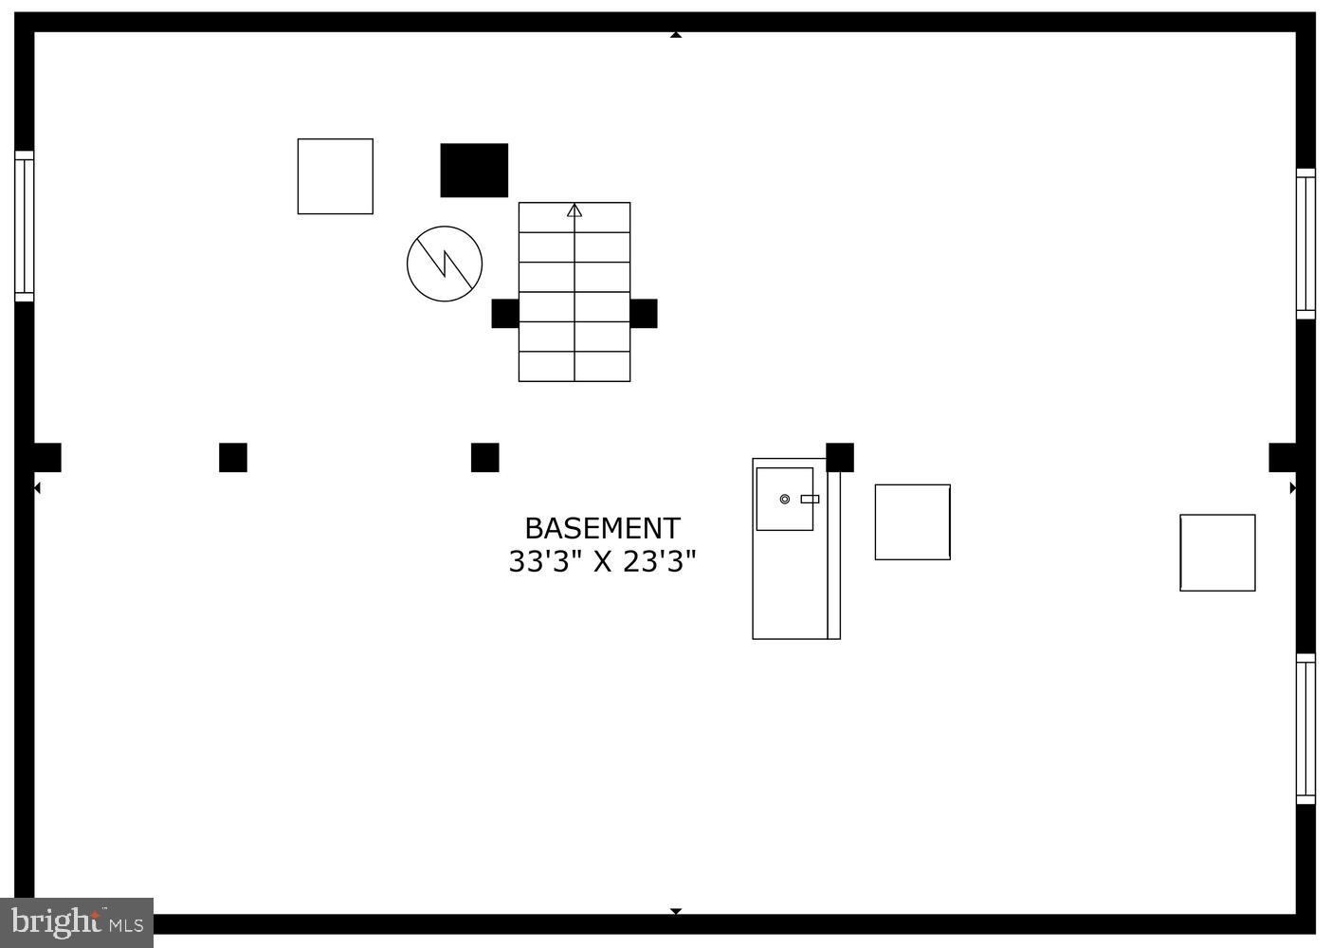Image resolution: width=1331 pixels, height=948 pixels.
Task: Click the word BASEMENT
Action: click(x=602, y=528)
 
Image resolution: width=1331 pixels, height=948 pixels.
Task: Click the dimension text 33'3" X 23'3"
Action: click(x=602, y=561)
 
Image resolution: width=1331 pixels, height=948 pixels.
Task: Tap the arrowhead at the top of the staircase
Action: click(x=574, y=210)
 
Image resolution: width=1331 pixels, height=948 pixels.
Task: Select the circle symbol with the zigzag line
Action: click(x=445, y=264)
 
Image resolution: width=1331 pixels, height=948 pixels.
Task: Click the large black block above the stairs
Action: click(x=474, y=170)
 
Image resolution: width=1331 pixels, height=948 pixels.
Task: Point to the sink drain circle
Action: click(x=785, y=500)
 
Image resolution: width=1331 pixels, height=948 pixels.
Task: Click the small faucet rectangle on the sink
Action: click(x=810, y=500)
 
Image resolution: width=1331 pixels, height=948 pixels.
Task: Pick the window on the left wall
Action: click(x=25, y=226)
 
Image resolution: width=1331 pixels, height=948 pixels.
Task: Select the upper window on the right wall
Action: click(x=1305, y=244)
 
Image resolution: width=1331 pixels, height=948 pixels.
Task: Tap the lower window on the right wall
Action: click(x=1305, y=729)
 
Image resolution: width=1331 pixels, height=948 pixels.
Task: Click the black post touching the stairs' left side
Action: click(x=505, y=313)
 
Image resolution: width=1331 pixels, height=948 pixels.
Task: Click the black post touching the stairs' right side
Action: click(x=644, y=313)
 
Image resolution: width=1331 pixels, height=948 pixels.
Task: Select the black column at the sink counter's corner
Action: click(x=840, y=458)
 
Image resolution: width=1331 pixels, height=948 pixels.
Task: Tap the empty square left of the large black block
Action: click(x=336, y=176)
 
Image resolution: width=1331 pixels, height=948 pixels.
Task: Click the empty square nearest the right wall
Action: click(x=1217, y=553)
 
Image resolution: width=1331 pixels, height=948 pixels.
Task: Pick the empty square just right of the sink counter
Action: click(x=913, y=521)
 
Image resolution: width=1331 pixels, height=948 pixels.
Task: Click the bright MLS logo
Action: click(x=77, y=922)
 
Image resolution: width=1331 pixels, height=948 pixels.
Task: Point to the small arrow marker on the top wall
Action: click(x=676, y=35)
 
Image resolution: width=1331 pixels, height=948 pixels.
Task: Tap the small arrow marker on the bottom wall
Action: click(x=676, y=911)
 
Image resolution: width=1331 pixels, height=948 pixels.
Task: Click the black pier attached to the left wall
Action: click(x=47, y=458)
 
